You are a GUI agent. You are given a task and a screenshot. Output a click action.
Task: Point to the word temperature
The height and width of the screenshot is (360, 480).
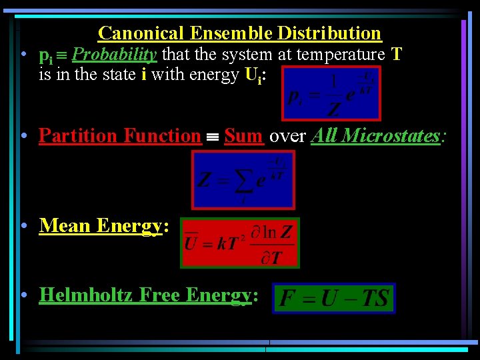[339, 54]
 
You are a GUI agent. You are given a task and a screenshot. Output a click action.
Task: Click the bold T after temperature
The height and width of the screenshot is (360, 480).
[397, 54]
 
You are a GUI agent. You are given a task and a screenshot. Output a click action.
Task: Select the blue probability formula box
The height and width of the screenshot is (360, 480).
[331, 93]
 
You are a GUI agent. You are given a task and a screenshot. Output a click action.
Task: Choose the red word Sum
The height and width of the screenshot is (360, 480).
[243, 136]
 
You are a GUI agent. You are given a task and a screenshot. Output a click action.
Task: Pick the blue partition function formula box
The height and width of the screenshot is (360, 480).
[243, 179]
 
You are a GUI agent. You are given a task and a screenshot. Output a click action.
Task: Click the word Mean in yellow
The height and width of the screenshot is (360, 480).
[65, 226]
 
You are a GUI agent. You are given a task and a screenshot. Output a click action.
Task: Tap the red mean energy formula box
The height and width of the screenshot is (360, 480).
[240, 243]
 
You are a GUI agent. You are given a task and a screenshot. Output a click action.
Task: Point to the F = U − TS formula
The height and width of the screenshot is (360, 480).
[334, 298]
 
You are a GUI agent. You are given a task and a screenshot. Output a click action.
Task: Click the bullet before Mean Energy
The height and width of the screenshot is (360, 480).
[24, 226]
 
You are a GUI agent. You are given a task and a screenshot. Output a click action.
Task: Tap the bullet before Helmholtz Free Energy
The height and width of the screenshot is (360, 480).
[24, 295]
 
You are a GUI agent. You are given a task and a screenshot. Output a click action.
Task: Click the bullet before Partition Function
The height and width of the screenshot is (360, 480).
[24, 136]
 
